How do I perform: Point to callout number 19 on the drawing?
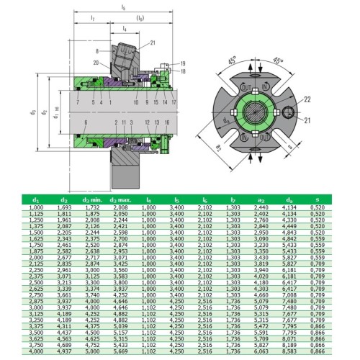point(182,65)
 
